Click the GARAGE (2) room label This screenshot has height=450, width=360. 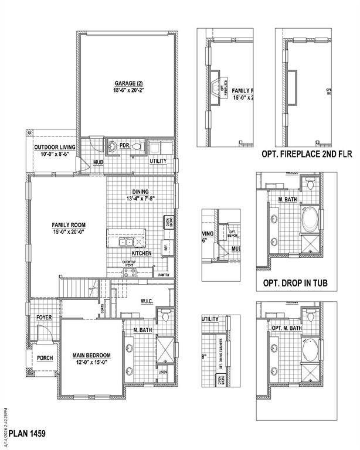(127, 83)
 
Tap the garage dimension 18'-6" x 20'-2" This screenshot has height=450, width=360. (127, 91)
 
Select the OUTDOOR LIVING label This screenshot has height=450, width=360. (52, 147)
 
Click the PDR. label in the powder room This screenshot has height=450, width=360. (124, 145)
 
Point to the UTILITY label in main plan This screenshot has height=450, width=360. (158, 161)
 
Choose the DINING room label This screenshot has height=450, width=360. (140, 192)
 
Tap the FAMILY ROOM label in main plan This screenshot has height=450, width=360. (69, 224)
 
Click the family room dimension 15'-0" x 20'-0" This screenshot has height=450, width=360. (69, 232)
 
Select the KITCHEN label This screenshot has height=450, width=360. (142, 253)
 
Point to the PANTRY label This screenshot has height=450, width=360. (164, 274)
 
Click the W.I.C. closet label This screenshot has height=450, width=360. (147, 301)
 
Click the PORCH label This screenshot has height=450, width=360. (45, 357)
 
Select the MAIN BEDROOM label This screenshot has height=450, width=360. (92, 355)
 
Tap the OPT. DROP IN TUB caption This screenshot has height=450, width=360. (291, 284)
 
